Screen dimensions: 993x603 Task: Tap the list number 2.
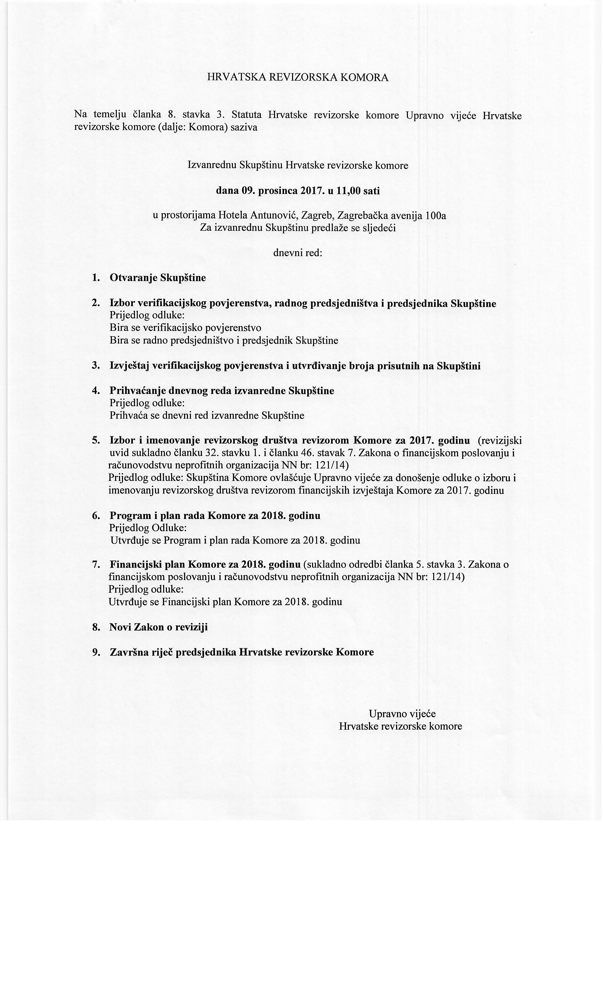(x=96, y=303)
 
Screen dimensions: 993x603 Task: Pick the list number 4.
(x=96, y=391)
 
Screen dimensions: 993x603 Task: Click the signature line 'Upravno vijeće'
(x=402, y=714)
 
